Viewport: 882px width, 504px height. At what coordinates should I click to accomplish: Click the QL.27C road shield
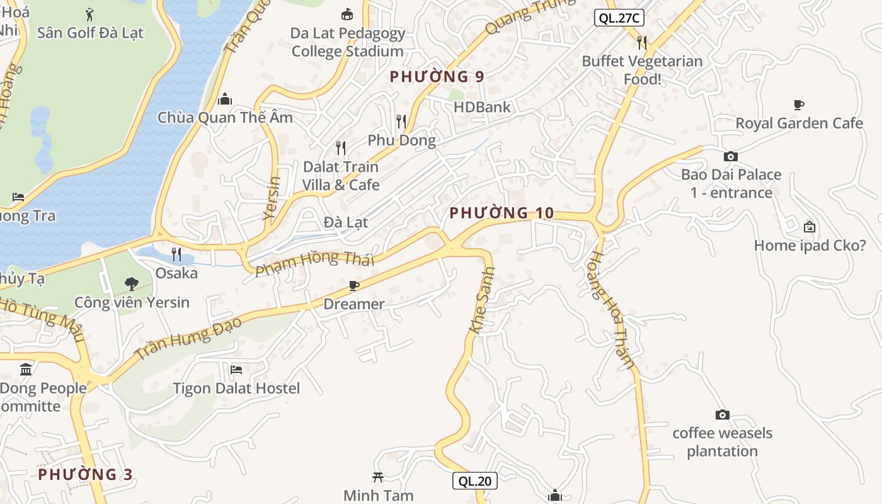tap(619, 18)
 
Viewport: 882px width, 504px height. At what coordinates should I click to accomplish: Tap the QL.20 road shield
tap(475, 481)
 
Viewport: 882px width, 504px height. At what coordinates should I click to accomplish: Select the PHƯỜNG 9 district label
tap(437, 77)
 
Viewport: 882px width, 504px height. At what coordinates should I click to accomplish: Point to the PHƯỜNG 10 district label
tap(501, 213)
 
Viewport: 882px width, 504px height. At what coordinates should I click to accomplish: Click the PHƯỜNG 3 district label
tap(85, 474)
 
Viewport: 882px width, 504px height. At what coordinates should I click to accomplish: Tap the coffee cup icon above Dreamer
tap(354, 286)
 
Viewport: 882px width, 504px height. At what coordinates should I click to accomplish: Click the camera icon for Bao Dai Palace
tap(731, 156)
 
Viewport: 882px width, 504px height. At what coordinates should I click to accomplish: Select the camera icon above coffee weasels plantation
tap(723, 415)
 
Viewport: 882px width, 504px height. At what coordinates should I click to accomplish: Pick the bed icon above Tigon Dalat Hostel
tap(236, 369)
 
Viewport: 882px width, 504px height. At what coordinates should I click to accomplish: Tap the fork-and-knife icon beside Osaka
tap(176, 255)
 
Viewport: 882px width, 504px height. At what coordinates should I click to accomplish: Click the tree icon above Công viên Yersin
tap(132, 284)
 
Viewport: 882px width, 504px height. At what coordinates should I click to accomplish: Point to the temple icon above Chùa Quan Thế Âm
tap(225, 99)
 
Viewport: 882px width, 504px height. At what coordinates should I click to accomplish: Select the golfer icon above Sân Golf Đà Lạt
tap(89, 14)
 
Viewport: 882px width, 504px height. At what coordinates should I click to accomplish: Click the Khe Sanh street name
tap(483, 301)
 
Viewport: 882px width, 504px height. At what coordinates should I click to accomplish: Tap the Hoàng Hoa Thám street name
tap(612, 309)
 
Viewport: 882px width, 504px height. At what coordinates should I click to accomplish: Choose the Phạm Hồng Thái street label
tap(315, 264)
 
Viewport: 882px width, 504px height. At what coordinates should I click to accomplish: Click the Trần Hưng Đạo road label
tap(188, 338)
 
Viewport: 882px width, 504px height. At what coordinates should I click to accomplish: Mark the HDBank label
tap(482, 107)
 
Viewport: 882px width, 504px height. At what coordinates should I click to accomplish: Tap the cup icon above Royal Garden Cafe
tap(799, 105)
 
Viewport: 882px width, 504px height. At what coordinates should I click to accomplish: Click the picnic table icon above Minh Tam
tap(378, 477)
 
